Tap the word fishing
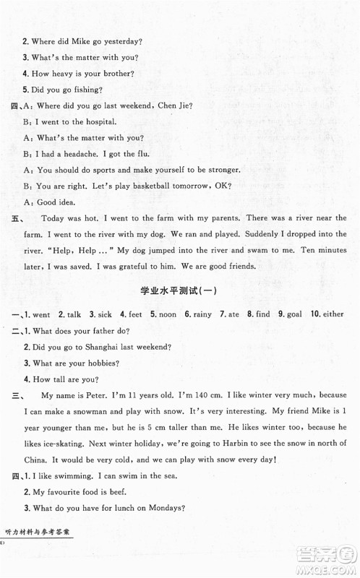tap(86, 90)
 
